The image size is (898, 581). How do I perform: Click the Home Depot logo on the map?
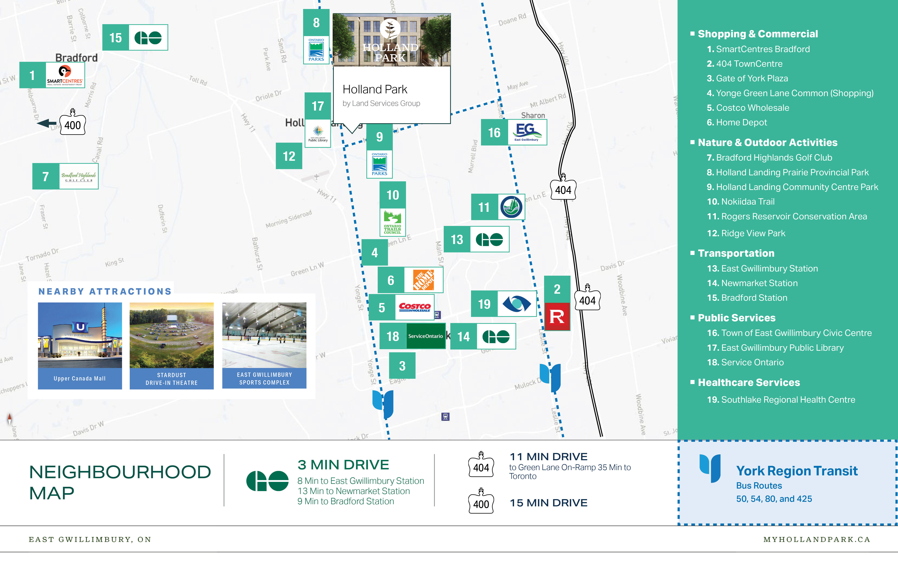pyautogui.click(x=423, y=280)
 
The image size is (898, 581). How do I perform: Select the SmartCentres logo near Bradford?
pyautogui.click(x=65, y=75)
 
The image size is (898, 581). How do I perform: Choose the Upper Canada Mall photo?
pyautogui.click(x=80, y=335)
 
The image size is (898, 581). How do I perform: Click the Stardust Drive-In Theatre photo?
pyautogui.click(x=172, y=335)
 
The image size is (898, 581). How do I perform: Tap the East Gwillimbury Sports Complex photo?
pyautogui.click(x=264, y=335)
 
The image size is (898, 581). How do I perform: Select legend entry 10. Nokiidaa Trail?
pyautogui.click(x=741, y=202)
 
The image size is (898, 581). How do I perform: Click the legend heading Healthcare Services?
pyautogui.click(x=749, y=383)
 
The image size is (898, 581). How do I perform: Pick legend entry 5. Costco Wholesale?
pyautogui.click(x=748, y=108)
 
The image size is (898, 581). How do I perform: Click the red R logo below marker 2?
pyautogui.click(x=557, y=317)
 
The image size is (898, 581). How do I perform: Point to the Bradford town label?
pyautogui.click(x=77, y=58)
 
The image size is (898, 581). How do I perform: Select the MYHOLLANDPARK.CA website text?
pyautogui.click(x=816, y=539)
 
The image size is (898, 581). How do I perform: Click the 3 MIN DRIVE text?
pyautogui.click(x=343, y=465)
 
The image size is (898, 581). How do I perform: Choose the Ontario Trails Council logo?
pyautogui.click(x=392, y=222)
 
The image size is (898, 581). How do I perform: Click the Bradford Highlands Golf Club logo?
pyautogui.click(x=79, y=176)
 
